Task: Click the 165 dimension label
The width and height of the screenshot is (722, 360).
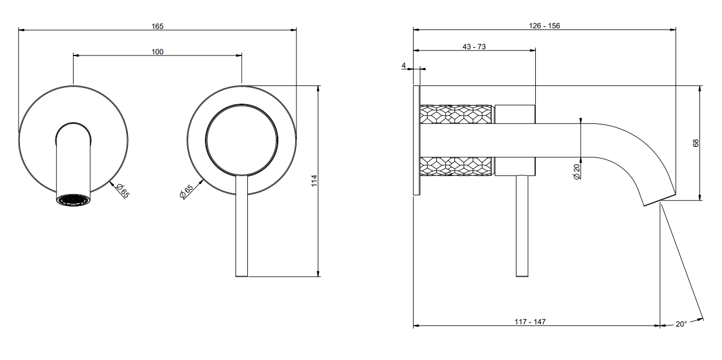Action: coord(158,26)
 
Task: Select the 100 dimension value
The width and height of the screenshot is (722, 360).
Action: coord(158,52)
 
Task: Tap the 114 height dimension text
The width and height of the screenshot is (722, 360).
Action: coord(314,181)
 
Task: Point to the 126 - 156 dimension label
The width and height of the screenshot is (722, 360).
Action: coord(544,26)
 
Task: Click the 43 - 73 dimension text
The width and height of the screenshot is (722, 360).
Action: coord(474,47)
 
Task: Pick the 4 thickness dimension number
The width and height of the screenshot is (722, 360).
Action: coord(403,66)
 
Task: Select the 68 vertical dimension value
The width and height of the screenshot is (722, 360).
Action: coord(695,143)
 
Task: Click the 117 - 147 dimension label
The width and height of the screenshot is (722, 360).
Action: coord(530,322)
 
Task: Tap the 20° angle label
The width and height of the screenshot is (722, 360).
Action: coord(681,324)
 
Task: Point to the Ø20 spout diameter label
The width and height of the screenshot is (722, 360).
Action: coord(577,172)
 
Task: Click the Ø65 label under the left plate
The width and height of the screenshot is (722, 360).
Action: coord(122,191)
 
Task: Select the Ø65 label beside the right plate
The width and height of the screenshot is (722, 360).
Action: coord(186,191)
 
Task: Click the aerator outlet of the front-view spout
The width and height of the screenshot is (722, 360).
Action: coord(73,200)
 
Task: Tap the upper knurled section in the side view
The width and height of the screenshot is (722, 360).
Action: coord(457,114)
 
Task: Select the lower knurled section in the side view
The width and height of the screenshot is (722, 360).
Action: coord(457,166)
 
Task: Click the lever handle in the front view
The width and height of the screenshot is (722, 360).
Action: coord(242,226)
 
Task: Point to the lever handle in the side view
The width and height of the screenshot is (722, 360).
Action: coord(522,226)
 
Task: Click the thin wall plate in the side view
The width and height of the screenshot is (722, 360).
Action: coord(417,140)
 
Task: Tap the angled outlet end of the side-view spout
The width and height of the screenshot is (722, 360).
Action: coord(659,200)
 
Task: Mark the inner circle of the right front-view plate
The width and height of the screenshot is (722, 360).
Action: coord(242,105)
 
